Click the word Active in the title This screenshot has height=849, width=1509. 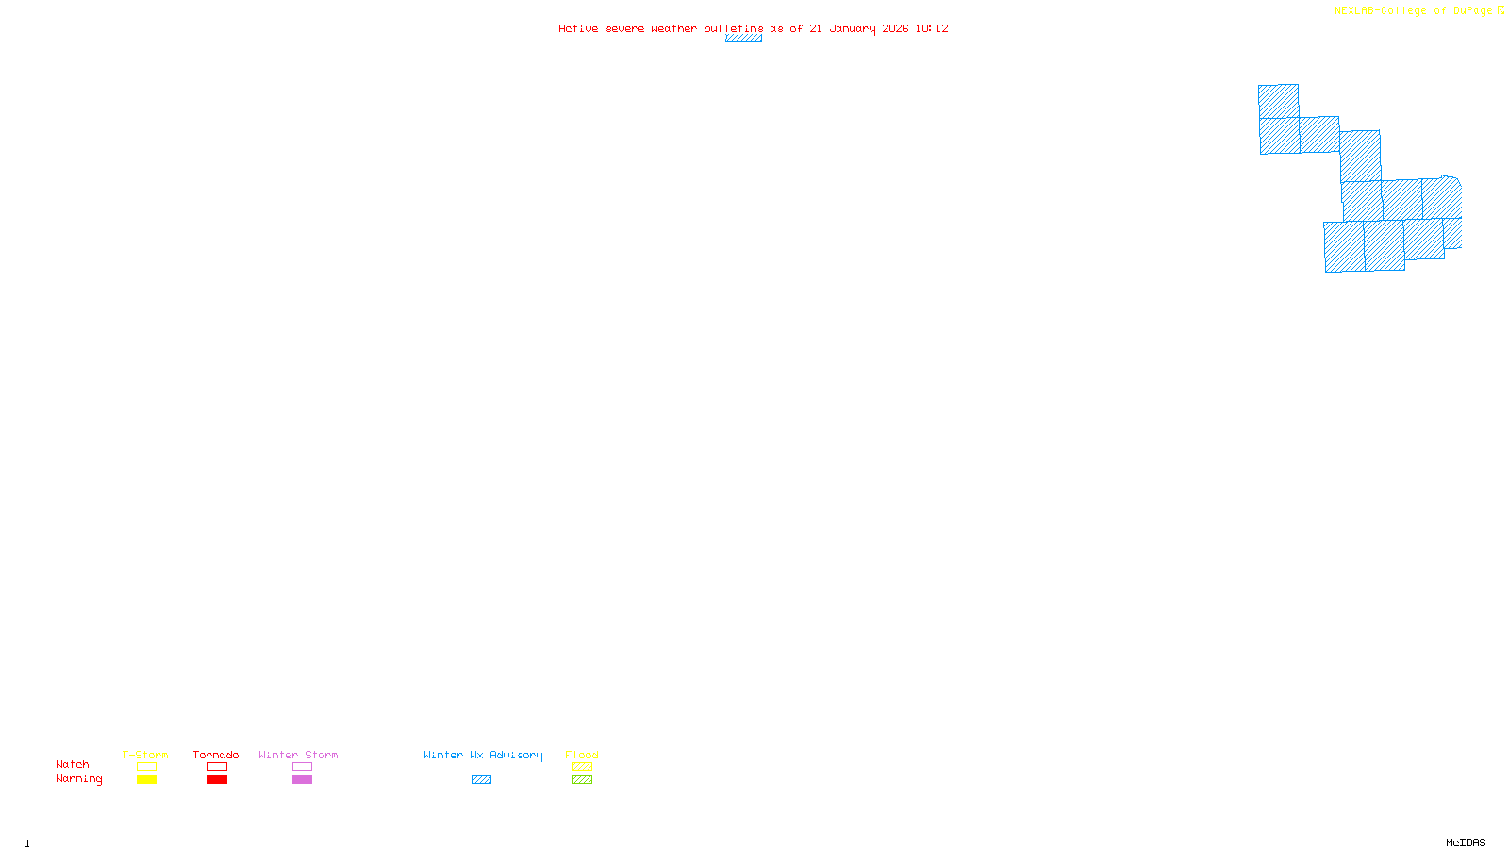[578, 28]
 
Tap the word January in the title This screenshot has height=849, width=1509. [853, 28]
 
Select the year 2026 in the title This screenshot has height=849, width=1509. [895, 28]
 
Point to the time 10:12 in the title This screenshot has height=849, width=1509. [932, 28]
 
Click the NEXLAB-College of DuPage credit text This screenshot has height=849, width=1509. [1413, 10]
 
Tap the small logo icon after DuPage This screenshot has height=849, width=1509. [1501, 10]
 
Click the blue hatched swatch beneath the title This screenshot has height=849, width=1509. [743, 38]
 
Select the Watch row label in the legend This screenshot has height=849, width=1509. [73, 764]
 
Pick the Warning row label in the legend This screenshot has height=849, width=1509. [78, 779]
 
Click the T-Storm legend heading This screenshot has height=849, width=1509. [145, 755]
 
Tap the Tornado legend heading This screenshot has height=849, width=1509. [216, 755]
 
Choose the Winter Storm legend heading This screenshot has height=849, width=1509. [298, 755]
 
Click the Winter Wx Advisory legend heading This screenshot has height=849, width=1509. [483, 755]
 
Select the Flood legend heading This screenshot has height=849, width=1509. [582, 755]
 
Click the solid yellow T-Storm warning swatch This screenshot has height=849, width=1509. [146, 780]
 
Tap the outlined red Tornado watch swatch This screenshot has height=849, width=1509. [217, 767]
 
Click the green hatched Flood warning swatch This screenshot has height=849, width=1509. [582, 780]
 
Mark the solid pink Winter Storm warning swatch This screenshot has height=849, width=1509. [302, 780]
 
